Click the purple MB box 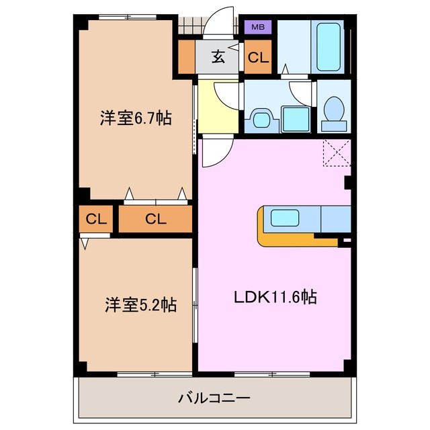point(257,28)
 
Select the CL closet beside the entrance point(257,58)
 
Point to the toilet point(333,110)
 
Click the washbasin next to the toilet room point(261,120)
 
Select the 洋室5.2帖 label point(140,305)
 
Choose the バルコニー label point(214,398)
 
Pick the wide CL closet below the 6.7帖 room point(155,218)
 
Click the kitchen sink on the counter point(285,218)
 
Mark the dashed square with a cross point(337,153)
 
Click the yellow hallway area point(218,107)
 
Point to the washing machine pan point(295,119)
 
